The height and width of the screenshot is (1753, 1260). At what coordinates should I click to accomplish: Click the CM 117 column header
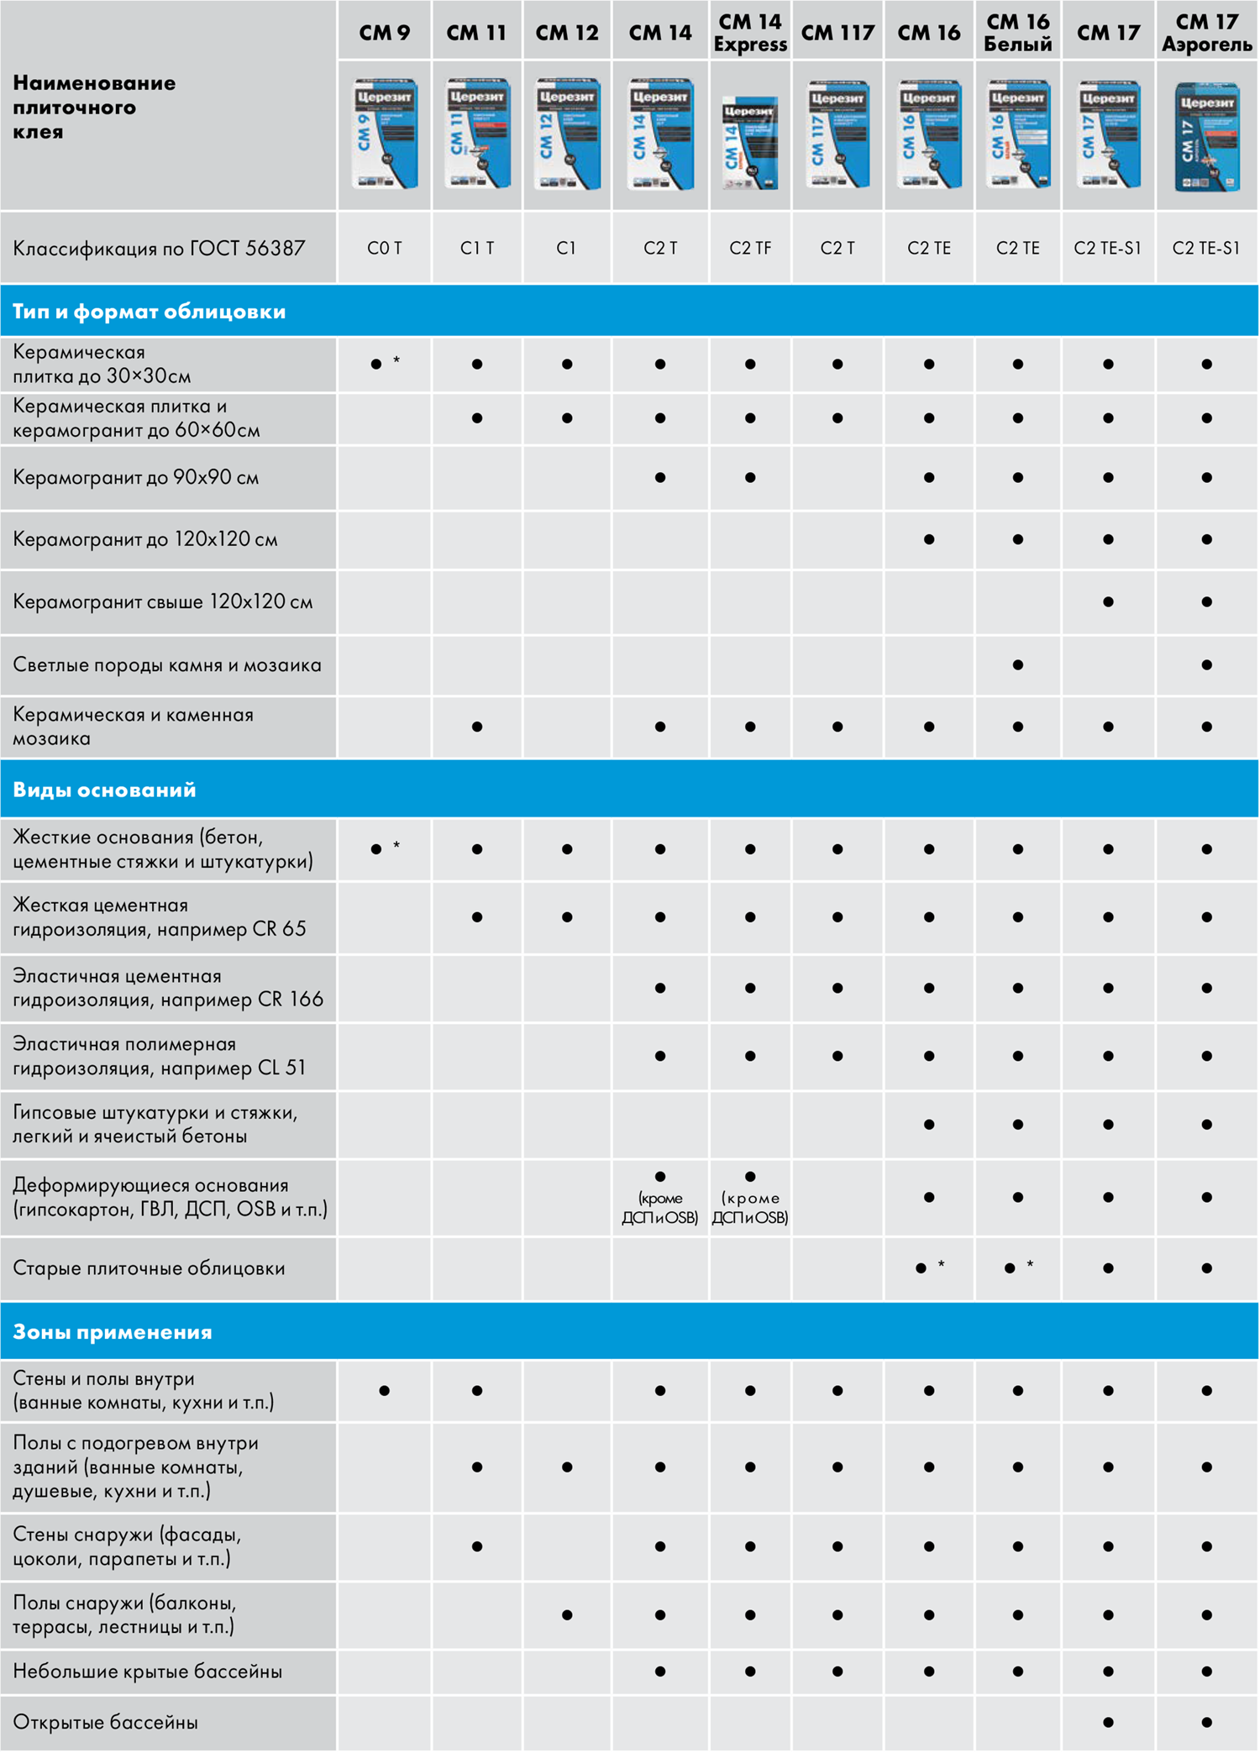point(837,33)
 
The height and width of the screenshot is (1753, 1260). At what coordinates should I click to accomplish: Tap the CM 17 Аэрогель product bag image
point(1206,137)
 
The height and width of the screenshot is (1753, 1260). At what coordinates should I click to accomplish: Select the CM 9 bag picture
point(385,134)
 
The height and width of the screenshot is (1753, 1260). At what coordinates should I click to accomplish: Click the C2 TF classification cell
point(750,248)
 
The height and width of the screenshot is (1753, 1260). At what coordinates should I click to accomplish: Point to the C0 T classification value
point(385,248)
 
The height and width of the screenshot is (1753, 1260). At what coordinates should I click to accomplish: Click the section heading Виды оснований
point(104,790)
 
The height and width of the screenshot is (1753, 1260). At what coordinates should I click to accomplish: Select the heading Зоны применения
point(113,1331)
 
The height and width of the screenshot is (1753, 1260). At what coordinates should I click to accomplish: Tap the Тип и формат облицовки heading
point(149,312)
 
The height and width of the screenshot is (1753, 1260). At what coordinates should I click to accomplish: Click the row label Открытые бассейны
point(105,1722)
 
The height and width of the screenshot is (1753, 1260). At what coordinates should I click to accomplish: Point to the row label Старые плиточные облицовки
point(149,1268)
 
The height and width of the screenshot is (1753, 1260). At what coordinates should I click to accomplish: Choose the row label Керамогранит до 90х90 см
point(135,477)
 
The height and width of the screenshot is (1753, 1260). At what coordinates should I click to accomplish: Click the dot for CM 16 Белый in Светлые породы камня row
point(1017,665)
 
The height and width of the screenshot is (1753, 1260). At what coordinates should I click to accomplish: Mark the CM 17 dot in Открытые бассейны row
point(1108,1722)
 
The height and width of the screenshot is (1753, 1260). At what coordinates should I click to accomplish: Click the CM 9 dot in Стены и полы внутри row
point(384,1390)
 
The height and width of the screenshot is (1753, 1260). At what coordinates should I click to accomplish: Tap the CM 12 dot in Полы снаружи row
point(567,1614)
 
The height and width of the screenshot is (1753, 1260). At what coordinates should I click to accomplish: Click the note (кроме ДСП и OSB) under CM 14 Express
point(750,1208)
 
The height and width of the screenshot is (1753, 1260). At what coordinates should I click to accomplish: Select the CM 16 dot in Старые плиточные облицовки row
point(921,1268)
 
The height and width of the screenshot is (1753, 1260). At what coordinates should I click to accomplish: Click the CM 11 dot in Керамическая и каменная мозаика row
point(477,727)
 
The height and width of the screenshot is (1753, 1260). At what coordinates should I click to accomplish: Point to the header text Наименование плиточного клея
point(94,107)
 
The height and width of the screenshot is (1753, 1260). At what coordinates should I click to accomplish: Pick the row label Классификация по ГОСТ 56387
point(159,248)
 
